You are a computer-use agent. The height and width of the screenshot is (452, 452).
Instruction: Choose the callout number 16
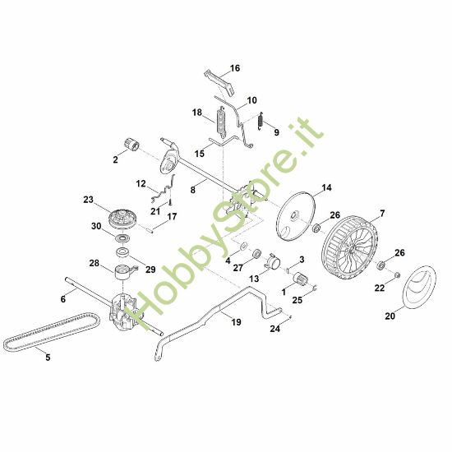(x=235, y=68)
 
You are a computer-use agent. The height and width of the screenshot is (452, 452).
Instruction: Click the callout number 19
(x=236, y=323)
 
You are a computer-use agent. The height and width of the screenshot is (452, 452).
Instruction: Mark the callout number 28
(x=94, y=264)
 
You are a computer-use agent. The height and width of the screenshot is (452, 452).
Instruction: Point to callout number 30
(x=96, y=226)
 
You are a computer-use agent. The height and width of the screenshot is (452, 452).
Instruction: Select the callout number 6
(x=62, y=299)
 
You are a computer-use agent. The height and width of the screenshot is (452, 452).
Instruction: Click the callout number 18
(x=197, y=112)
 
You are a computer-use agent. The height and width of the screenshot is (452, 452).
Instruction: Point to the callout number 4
(x=228, y=261)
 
